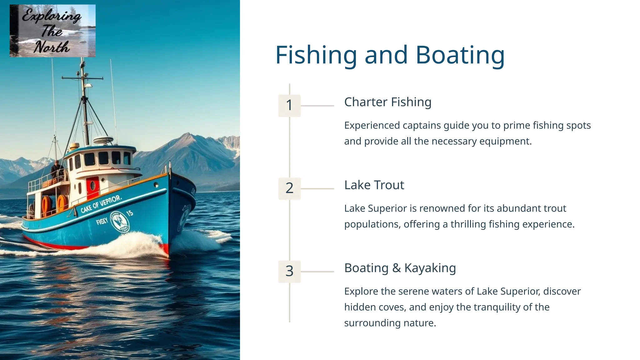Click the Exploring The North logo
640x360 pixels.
click(x=52, y=31)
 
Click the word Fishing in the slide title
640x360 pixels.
click(x=316, y=55)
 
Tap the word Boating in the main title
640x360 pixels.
click(x=460, y=55)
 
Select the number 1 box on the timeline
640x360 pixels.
click(x=289, y=105)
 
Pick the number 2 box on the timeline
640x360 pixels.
click(x=289, y=188)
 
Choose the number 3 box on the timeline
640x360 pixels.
click(x=289, y=271)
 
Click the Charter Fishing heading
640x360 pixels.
click(x=387, y=102)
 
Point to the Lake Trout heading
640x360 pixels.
click(x=374, y=185)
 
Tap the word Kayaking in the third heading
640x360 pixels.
click(x=430, y=268)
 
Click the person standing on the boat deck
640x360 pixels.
click(x=57, y=171)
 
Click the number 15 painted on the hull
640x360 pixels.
click(x=130, y=213)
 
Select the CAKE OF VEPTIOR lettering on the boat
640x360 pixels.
click(x=101, y=204)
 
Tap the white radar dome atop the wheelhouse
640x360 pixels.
click(x=103, y=140)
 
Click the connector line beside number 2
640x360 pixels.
click(x=317, y=188)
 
